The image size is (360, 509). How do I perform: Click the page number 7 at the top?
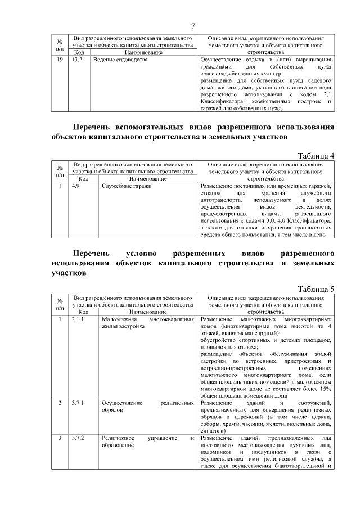[x=192, y=26]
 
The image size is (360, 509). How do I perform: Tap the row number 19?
[x=60, y=59]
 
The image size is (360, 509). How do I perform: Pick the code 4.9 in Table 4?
[x=76, y=186]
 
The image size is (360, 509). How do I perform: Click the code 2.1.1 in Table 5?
[x=78, y=319]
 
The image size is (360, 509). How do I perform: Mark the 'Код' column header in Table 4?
[x=84, y=179]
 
